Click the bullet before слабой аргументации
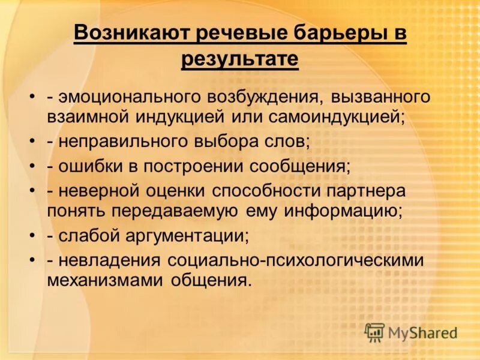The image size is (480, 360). (32, 236)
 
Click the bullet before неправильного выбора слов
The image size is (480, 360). (32, 141)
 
